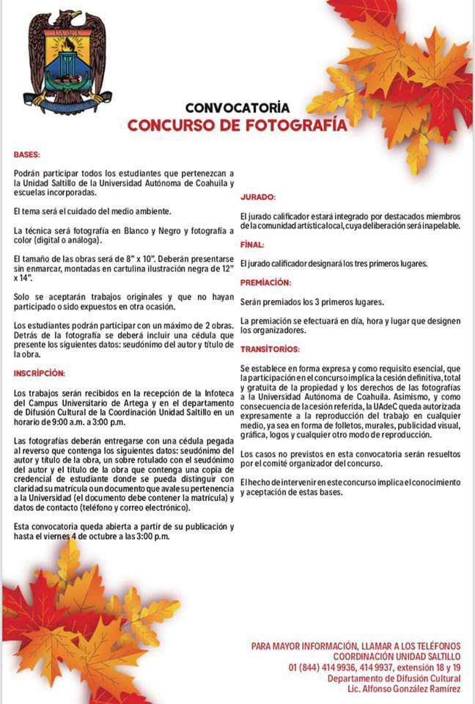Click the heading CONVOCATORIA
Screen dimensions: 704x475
tap(237, 107)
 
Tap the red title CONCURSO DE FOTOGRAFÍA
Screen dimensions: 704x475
tap(237, 125)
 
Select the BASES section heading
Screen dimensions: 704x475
tap(26, 155)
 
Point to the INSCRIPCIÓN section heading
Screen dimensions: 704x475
tap(40, 373)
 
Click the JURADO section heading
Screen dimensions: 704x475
tap(258, 197)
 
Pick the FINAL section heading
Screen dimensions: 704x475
tap(252, 244)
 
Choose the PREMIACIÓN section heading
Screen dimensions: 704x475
tap(265, 282)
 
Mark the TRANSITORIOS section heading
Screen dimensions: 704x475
tap(270, 349)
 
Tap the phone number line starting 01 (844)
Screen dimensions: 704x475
tap(375, 667)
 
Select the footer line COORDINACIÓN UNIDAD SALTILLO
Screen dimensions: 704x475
tap(397, 656)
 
